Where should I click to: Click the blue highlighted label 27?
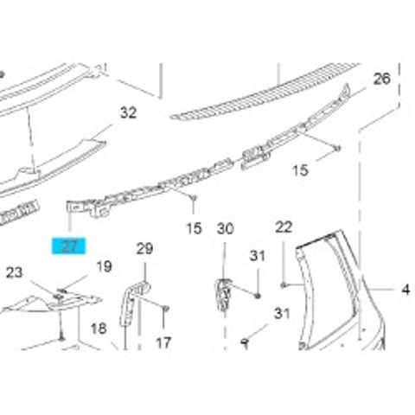coord(68,246)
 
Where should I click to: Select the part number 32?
coord(128,112)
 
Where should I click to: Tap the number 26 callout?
coord(382,79)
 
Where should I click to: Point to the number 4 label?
coord(405,290)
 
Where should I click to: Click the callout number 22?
coord(284,227)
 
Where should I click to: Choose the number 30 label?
coord(226,229)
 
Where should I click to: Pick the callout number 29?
coord(144,248)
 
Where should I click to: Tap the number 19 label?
coord(104,266)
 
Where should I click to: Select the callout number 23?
coord(14,272)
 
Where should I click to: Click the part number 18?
coord(99,329)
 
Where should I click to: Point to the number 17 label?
coord(163,343)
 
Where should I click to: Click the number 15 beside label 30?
coord(194,228)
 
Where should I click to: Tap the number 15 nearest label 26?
coord(300,170)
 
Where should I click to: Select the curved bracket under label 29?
coord(133,303)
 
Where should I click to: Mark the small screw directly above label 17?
coord(165,310)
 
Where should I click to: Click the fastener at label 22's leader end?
coord(284,285)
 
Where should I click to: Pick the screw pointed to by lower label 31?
coord(245,342)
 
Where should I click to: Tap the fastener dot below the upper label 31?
coord(258,296)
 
